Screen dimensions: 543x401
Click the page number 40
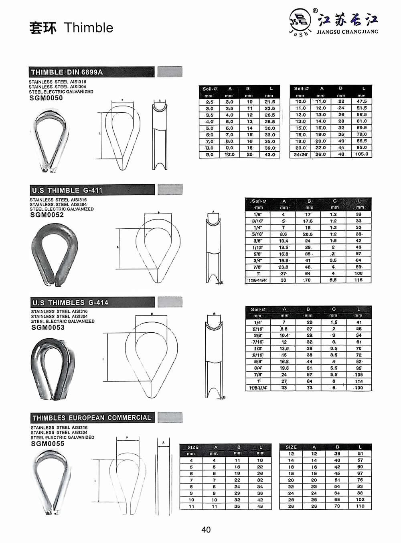[x=206, y=530]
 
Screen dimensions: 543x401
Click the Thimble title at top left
[x=71, y=28]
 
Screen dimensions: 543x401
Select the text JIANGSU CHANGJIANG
[x=347, y=32]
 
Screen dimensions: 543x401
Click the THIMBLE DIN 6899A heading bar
[x=91, y=72]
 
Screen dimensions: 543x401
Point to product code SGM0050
[x=46, y=98]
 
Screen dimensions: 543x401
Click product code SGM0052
[x=47, y=215]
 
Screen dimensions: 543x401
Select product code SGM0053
[x=48, y=327]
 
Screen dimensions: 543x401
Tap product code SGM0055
[x=48, y=443]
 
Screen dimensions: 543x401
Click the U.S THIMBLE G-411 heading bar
[x=92, y=190]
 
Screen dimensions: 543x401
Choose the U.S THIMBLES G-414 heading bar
[x=92, y=303]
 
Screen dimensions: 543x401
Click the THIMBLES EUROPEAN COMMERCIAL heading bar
[x=92, y=418]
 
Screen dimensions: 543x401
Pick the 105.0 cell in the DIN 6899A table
[x=361, y=154]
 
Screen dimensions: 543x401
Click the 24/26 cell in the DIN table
[x=300, y=154]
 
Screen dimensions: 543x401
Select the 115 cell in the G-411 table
[x=358, y=280]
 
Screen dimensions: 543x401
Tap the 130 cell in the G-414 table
[x=358, y=388]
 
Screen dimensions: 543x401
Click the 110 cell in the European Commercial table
[x=360, y=506]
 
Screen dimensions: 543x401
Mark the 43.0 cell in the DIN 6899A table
[x=270, y=155]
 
